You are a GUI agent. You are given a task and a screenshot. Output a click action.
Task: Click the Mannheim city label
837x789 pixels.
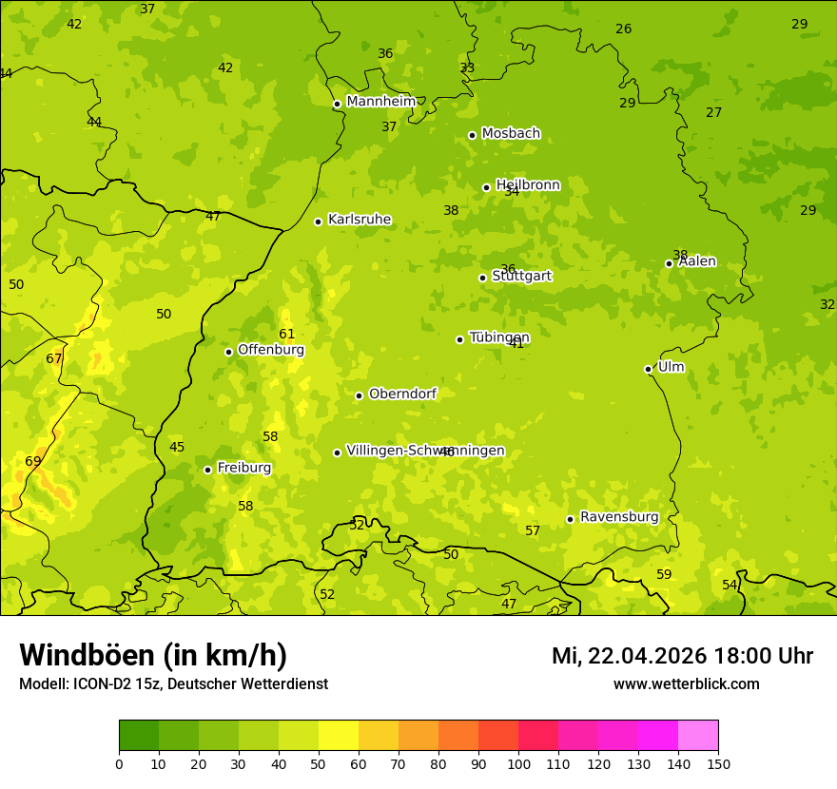[x=381, y=102]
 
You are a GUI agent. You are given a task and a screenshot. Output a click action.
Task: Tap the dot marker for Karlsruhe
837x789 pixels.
[x=318, y=221]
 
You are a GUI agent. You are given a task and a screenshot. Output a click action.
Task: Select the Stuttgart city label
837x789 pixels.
[x=521, y=277]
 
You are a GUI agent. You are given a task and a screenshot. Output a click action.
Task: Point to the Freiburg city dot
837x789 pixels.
[x=207, y=470]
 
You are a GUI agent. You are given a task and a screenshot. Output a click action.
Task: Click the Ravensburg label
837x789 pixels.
[x=619, y=517]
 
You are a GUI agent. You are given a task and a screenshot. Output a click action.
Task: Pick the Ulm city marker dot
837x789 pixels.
[x=648, y=369]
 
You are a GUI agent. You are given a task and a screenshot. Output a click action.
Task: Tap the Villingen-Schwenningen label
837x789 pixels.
[x=425, y=451]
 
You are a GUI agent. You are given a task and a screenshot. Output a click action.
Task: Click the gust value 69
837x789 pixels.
[x=33, y=461]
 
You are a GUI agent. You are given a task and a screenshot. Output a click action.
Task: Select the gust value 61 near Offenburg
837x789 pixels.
[x=287, y=334]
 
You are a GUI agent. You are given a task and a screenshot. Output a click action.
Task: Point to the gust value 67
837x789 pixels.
[x=54, y=358]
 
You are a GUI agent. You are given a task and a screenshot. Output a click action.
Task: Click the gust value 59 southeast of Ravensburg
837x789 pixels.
[x=664, y=574]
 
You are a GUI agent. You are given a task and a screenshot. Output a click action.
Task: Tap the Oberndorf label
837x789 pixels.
[x=402, y=394]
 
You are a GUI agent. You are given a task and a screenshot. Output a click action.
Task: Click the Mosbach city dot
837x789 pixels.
[x=472, y=135]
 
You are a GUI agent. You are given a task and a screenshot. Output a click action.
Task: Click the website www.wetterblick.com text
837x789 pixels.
[x=686, y=683]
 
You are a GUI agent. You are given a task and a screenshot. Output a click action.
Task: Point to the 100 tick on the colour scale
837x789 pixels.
[x=518, y=763]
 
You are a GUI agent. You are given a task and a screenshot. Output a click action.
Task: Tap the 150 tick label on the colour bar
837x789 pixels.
[x=718, y=763]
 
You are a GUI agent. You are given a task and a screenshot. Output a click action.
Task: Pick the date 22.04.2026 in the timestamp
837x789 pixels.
[x=647, y=656]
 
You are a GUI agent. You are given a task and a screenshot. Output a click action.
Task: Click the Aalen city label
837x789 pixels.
[x=697, y=261]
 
